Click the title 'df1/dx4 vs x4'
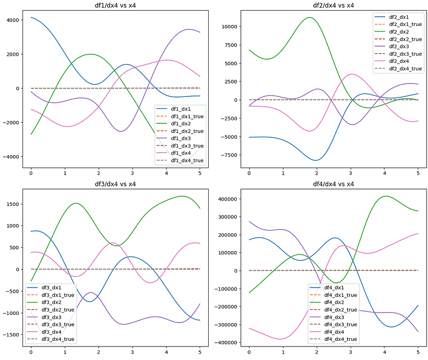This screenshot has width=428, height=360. pos(115,5)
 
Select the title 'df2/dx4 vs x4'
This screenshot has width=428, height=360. pos(333,5)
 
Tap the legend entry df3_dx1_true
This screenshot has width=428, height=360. pos(55,295)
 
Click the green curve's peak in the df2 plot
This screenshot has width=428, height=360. pos(310,17)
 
